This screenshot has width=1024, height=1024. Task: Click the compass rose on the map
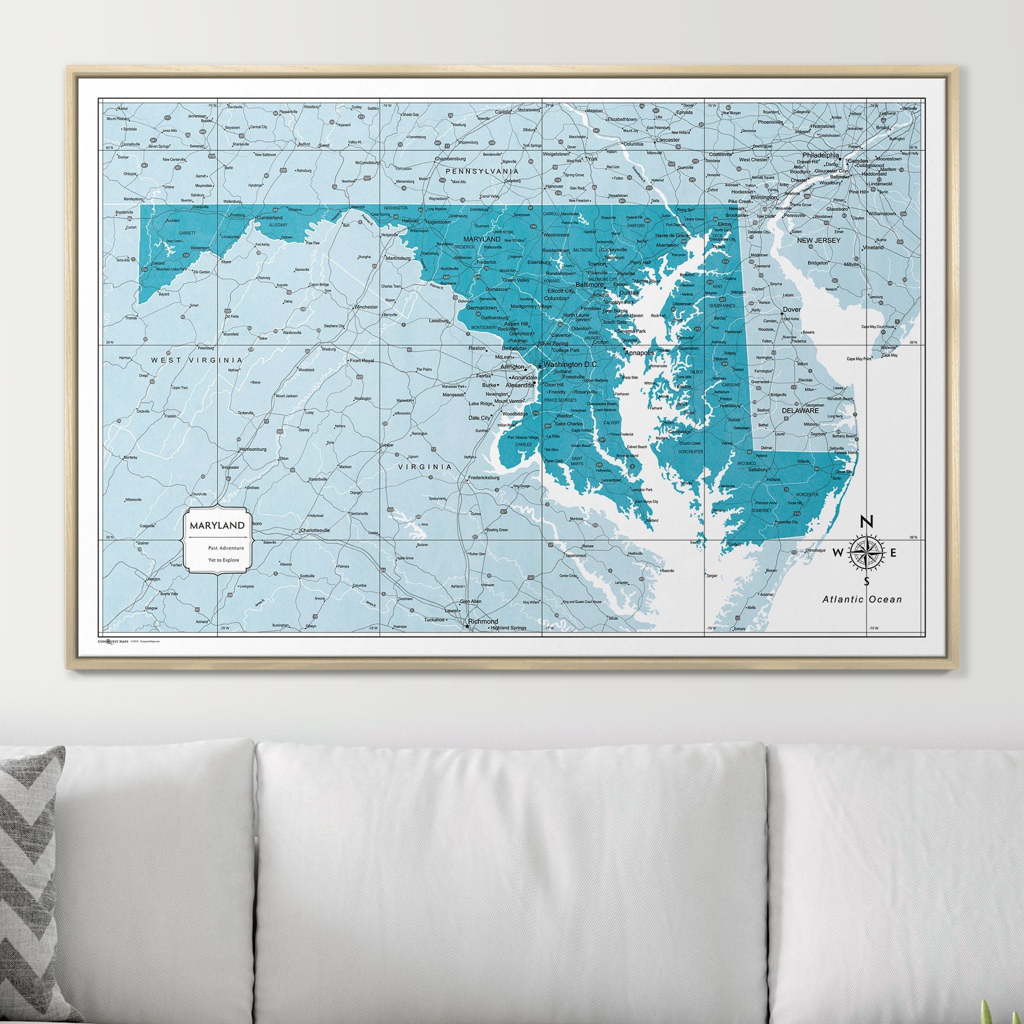tap(866, 553)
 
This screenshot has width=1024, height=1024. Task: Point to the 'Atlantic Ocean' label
tap(862, 599)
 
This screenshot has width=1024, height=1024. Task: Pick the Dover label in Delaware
tap(793, 309)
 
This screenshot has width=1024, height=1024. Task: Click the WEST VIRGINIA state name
tap(196, 360)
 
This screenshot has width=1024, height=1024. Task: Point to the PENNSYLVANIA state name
tap(481, 171)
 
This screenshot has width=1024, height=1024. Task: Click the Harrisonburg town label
tap(253, 449)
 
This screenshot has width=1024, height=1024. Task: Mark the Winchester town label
tap(365, 307)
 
